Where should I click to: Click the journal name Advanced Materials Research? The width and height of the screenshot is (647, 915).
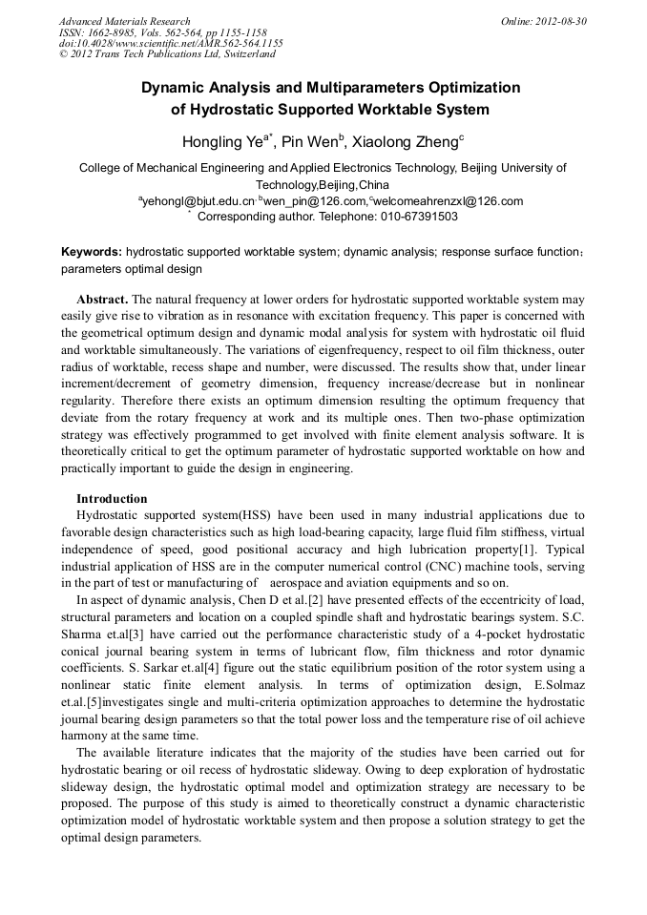(124, 21)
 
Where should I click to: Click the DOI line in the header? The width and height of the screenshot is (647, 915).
(171, 43)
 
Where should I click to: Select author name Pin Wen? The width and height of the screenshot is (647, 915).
(310, 142)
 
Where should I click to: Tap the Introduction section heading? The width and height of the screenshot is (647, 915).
(112, 499)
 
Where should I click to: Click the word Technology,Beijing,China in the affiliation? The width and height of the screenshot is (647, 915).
(323, 184)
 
